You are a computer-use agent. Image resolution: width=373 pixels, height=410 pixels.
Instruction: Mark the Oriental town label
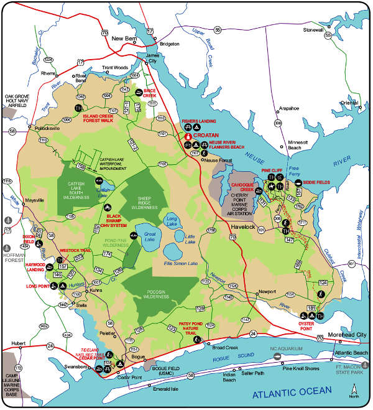[349, 103]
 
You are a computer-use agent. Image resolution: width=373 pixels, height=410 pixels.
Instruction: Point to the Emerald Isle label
[165, 388]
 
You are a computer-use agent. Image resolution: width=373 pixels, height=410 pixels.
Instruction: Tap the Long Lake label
[172, 220]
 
